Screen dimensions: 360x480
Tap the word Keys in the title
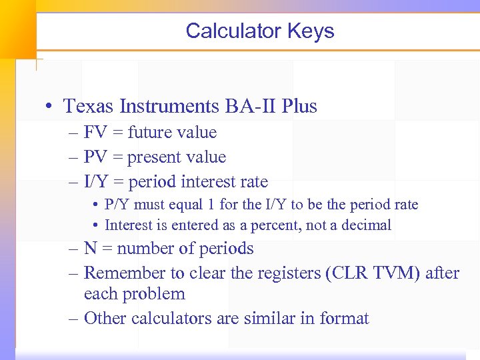(311, 31)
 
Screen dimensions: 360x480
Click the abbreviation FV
(95, 133)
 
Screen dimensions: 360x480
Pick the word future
(151, 133)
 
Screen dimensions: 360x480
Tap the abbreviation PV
(95, 157)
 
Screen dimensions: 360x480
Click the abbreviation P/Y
(117, 205)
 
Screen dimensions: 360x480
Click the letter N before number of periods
(91, 249)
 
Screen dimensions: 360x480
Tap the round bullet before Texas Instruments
(51, 107)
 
